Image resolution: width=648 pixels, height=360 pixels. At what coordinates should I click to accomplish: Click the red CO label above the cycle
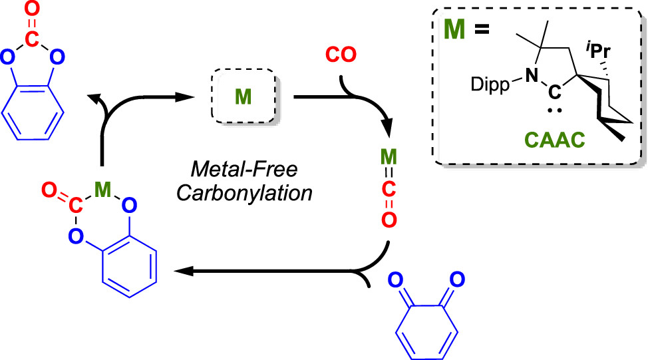click(x=343, y=55)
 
